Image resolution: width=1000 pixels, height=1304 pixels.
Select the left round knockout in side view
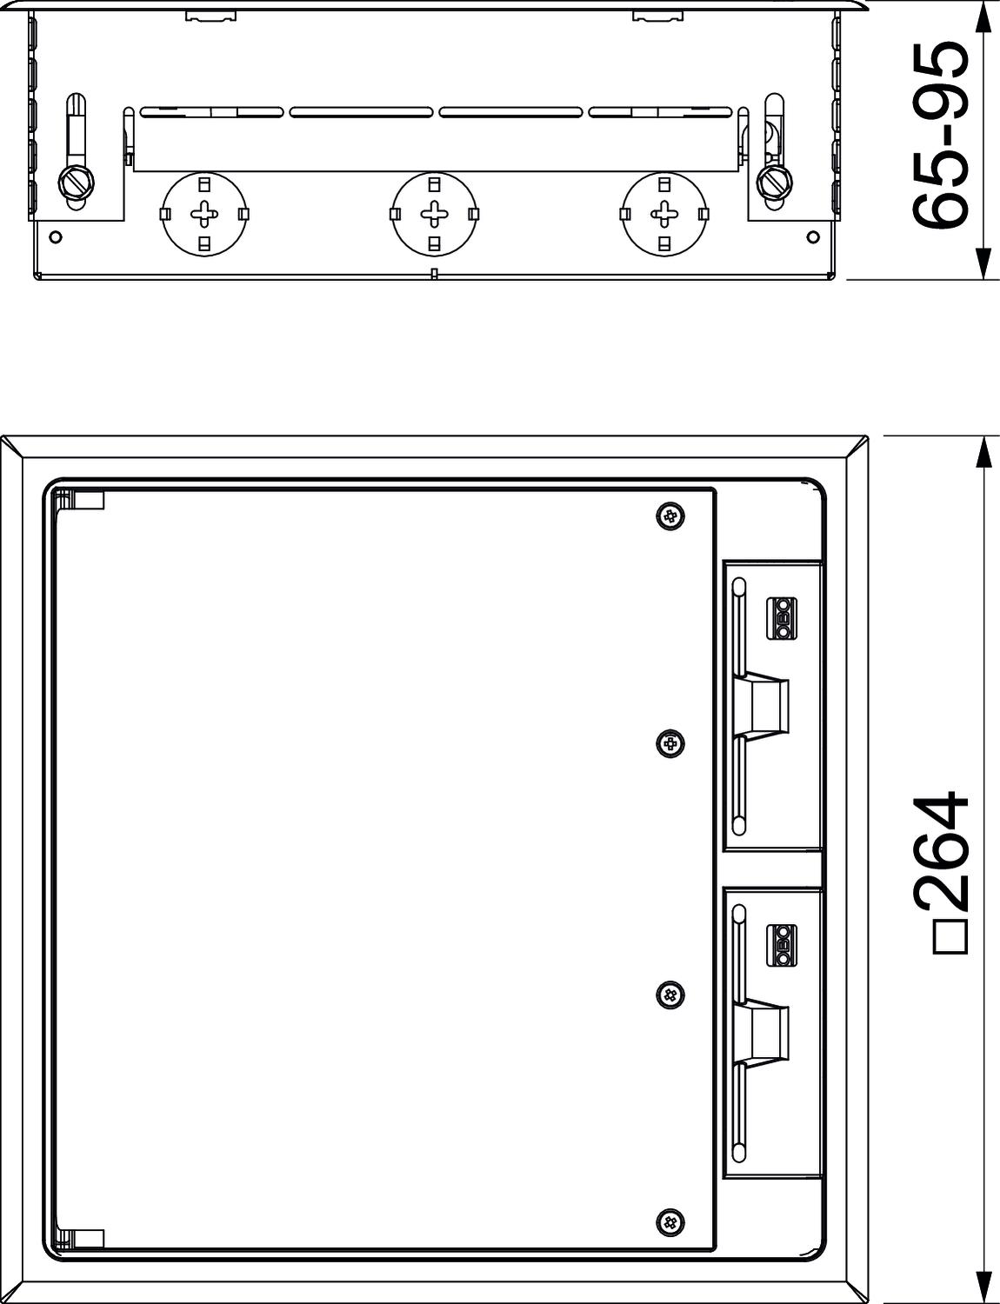coord(204,214)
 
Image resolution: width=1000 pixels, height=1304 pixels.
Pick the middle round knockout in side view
coord(434,214)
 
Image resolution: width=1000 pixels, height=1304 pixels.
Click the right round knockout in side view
coord(665,214)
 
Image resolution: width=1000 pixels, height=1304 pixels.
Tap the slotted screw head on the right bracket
coord(773,182)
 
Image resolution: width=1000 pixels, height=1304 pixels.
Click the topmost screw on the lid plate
coord(670,517)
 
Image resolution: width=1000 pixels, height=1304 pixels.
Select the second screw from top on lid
coord(670,744)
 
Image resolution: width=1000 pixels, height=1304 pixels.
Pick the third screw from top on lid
coord(670,995)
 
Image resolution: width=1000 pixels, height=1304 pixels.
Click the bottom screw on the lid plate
coord(670,1222)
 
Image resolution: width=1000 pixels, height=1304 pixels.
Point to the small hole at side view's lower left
coord(56,236)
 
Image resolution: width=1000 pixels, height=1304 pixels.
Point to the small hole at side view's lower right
coord(812,236)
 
